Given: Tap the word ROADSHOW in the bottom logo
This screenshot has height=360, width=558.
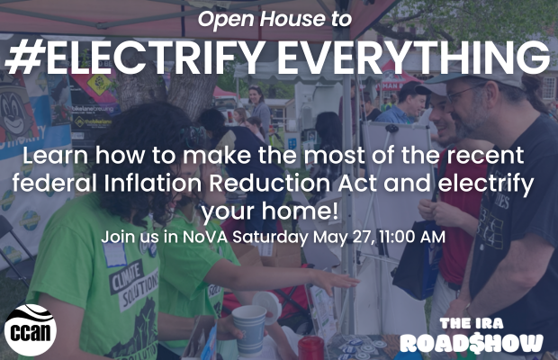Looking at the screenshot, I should [472, 343].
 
